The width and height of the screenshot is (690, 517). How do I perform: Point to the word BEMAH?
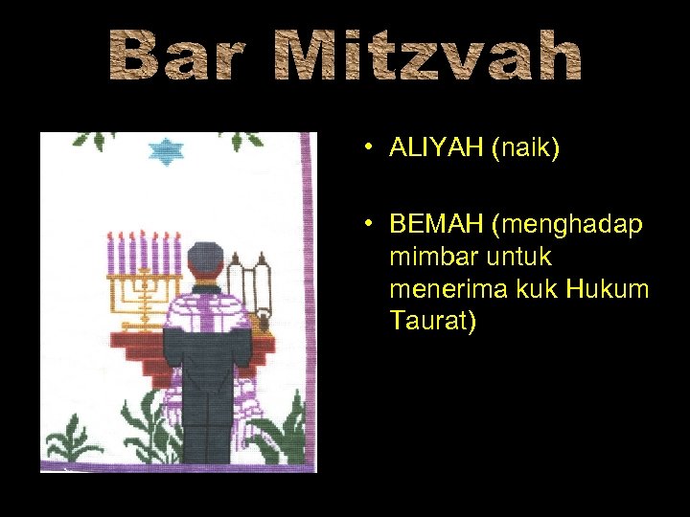437,225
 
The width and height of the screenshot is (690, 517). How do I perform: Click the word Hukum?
602,288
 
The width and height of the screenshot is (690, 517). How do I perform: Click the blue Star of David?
169,151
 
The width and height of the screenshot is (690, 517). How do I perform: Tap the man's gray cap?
205,257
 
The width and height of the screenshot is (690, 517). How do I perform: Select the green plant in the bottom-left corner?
69,446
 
